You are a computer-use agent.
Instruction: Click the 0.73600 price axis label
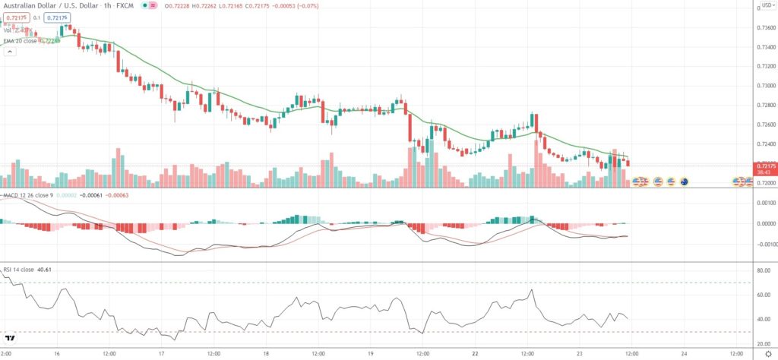click(762, 28)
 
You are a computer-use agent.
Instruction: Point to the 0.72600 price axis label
click(762, 125)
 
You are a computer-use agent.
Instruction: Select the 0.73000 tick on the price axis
click(762, 86)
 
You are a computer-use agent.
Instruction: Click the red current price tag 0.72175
click(764, 165)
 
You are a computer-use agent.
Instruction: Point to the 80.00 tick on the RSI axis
click(762, 271)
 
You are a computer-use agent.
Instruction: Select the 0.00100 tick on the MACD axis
click(762, 203)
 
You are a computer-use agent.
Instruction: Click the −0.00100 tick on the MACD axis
click(762, 245)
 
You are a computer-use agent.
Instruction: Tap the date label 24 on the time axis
click(685, 353)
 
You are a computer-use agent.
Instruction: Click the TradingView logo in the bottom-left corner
click(11, 339)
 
